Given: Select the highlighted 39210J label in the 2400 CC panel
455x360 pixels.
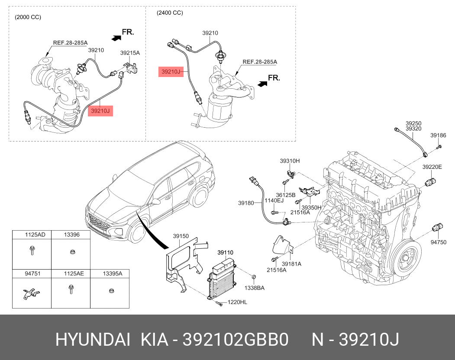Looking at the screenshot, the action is pos(171,71).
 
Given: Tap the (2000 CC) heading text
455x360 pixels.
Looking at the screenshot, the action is pos(28,17).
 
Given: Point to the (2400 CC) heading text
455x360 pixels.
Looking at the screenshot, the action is pos(170,13).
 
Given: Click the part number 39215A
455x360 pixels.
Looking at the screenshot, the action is pos(130,53).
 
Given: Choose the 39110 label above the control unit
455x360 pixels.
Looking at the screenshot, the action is pos(225,252).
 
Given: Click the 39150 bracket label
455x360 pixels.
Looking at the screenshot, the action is pos(181,236).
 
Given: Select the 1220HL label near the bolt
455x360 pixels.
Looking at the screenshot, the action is pos(237,302).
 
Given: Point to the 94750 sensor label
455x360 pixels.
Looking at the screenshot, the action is pos(438,242).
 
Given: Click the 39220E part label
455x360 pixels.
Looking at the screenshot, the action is pos(432,167).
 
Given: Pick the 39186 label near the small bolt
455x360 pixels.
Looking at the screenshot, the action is pos(438,135).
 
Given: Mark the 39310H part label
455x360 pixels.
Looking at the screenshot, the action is pos(290,161).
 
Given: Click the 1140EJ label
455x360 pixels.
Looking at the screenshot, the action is pos(274,200).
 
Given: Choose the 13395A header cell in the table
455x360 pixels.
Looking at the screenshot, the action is pos(112,273).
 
